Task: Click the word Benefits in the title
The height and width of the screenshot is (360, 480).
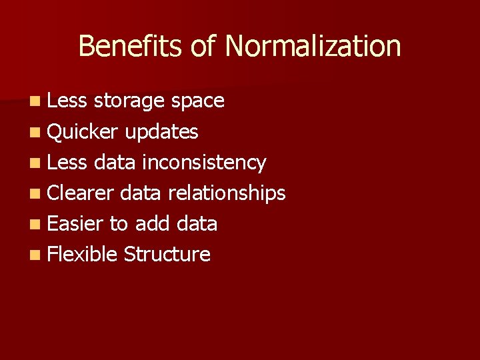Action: click(x=131, y=46)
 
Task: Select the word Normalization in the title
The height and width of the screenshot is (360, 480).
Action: click(x=313, y=46)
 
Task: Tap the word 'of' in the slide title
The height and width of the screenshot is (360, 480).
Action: click(x=204, y=46)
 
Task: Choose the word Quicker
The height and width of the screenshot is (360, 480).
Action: click(x=83, y=132)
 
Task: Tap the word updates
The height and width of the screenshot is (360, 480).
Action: click(x=161, y=132)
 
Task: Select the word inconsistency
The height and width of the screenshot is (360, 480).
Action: click(x=203, y=162)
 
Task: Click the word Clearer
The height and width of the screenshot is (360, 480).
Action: click(x=83, y=193)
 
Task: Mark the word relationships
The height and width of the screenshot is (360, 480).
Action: click(x=227, y=193)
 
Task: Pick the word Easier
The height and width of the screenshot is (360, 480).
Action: click(x=75, y=223)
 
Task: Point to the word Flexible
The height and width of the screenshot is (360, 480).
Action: click(x=83, y=254)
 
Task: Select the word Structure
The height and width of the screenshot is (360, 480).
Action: click(x=167, y=254)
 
